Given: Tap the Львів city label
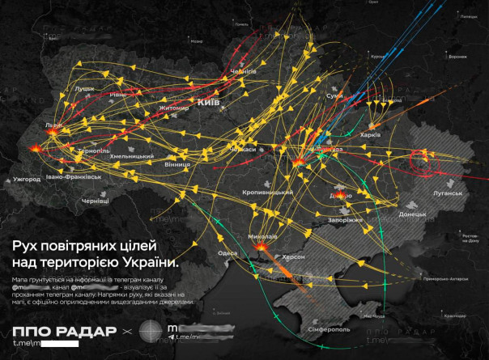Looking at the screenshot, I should pos(53,126).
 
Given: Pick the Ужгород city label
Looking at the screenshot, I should pos(26,179).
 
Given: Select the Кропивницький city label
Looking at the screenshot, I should pos(267,193).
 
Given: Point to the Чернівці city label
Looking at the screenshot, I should pos(96,200).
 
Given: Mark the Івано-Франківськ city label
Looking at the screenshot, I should pos(74,176).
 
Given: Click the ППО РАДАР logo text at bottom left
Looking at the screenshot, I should pos(58,332).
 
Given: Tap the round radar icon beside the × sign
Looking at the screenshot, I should pos(151,332).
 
